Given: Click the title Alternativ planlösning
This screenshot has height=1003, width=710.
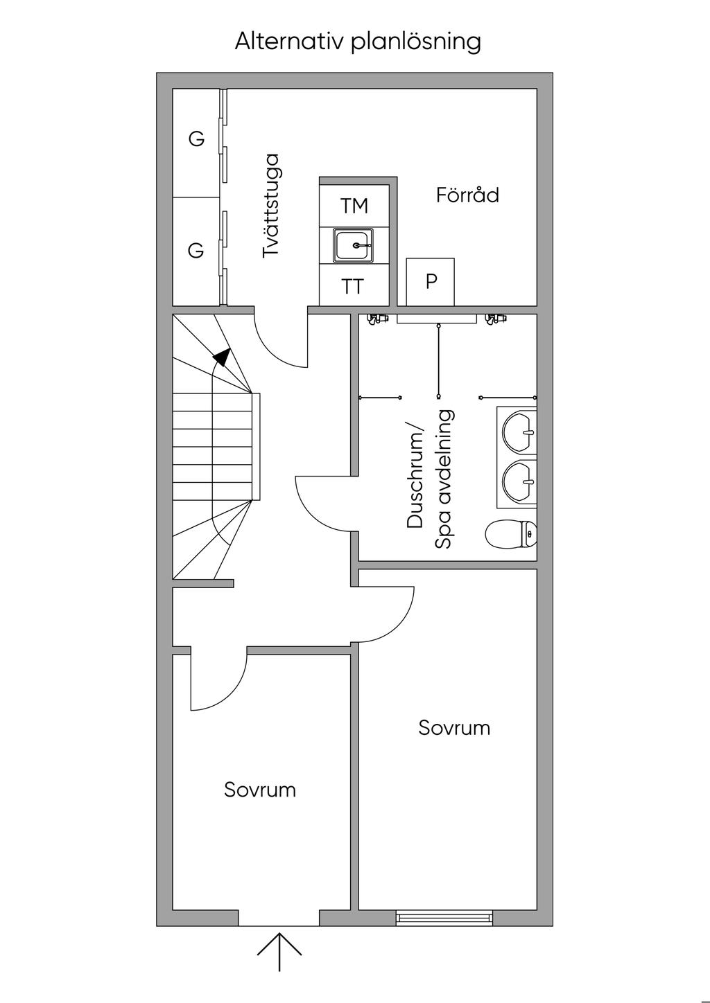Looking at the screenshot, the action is point(358,42).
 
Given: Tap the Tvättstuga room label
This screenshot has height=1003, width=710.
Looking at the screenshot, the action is point(270,206).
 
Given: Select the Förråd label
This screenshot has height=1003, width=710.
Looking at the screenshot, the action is point(467,195).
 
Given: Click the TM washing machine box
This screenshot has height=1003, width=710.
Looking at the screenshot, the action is point(354,206).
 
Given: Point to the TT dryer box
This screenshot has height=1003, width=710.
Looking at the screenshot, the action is point(354,285).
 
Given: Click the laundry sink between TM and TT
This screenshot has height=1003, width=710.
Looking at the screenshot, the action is point(354,245).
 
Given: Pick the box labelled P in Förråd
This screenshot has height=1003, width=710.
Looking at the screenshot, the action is point(431,282).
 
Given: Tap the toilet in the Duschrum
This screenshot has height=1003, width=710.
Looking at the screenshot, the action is point(511,534).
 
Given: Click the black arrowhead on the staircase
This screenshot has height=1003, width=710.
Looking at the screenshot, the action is point(222,357).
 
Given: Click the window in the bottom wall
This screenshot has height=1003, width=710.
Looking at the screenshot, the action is point(444,918).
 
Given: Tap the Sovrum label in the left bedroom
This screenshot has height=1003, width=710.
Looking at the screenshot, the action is point(260,790).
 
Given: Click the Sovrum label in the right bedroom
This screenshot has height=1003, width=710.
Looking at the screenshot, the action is point(454,728).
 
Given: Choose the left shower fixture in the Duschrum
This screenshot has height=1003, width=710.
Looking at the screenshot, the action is point(374,319).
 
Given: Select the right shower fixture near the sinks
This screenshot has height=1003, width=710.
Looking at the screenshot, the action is point(496,319).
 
